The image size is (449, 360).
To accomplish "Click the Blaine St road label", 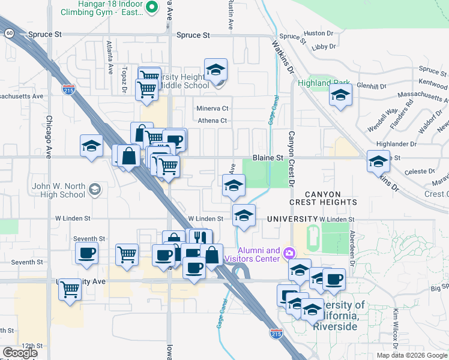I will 267,157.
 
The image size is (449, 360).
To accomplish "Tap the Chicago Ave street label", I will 49,136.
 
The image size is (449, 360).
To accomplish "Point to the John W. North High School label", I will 59,190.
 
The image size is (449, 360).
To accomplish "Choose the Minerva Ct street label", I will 212,109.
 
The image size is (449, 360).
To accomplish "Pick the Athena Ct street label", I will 213,121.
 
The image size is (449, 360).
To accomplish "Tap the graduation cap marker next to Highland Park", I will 340,95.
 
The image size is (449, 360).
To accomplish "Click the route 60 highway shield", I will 10,33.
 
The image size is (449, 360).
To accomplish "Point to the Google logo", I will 20,353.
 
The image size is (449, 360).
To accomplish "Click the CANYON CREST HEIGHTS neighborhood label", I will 323,199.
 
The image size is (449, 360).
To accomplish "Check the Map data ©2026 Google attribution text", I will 411,355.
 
